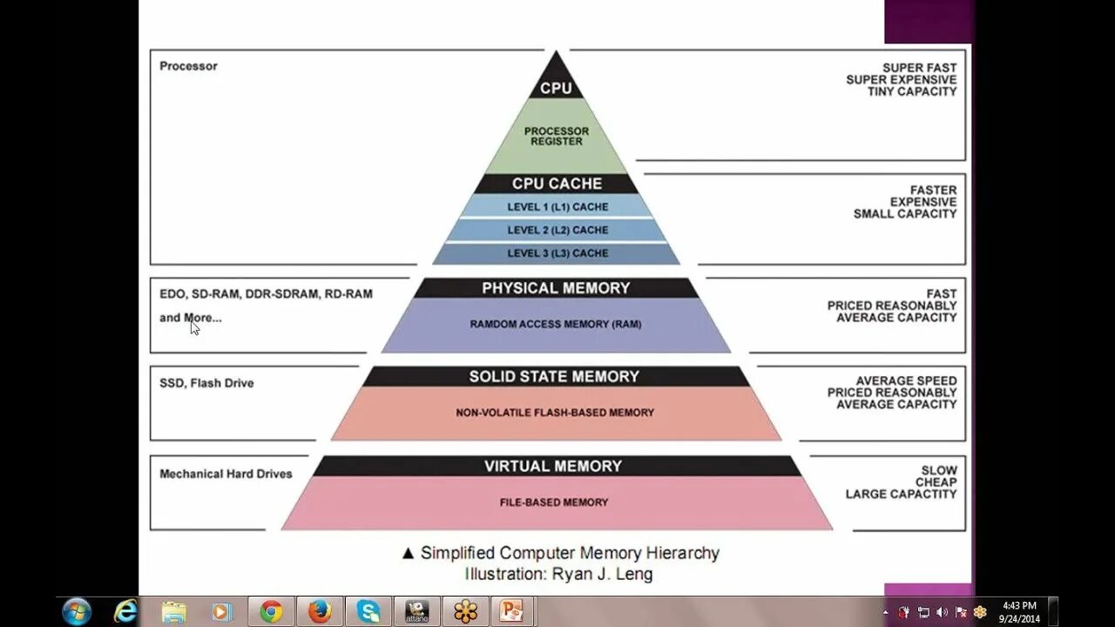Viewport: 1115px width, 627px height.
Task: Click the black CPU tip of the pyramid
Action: [556, 84]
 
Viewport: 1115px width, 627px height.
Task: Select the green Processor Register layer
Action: [556, 137]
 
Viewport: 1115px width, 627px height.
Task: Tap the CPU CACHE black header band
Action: [557, 184]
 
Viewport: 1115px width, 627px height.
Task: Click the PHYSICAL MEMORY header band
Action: [556, 288]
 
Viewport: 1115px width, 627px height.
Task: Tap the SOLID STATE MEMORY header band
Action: [555, 376]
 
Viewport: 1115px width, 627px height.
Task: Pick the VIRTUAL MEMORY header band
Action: [554, 466]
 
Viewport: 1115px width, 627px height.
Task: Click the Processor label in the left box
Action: [188, 66]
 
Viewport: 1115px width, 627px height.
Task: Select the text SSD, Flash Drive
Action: [206, 383]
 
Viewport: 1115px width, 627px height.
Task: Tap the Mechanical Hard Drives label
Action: [226, 475]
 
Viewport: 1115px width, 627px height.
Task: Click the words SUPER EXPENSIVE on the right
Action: [901, 79]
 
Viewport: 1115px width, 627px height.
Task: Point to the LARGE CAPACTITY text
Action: [901, 494]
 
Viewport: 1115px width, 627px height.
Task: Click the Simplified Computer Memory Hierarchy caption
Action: [570, 553]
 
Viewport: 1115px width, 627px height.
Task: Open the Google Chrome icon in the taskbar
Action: [271, 611]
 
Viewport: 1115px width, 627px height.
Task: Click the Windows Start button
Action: [77, 611]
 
